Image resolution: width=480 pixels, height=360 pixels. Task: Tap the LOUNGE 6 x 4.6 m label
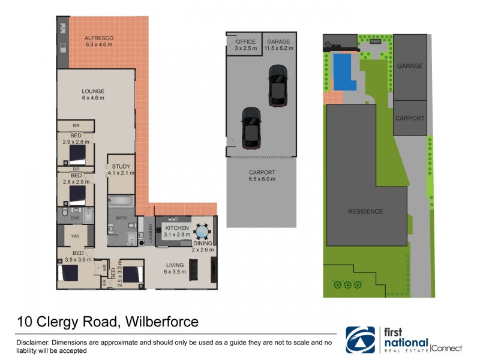pos(93,94)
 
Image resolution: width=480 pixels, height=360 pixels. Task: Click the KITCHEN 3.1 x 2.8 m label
pos(176,232)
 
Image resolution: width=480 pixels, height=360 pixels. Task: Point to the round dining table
pos(203,230)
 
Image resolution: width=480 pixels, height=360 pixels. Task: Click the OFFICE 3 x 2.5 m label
pos(245,44)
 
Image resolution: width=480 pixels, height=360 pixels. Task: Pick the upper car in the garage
pos(277,86)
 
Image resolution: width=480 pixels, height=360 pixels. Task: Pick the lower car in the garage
pos(251,127)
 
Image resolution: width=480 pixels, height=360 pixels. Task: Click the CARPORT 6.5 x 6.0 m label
pos(262,175)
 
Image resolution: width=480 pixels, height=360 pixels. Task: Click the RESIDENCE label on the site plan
pos(366,211)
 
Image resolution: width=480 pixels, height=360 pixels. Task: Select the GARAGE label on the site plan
pos(410,66)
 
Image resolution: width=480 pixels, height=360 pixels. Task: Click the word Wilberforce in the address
pos(161,322)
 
